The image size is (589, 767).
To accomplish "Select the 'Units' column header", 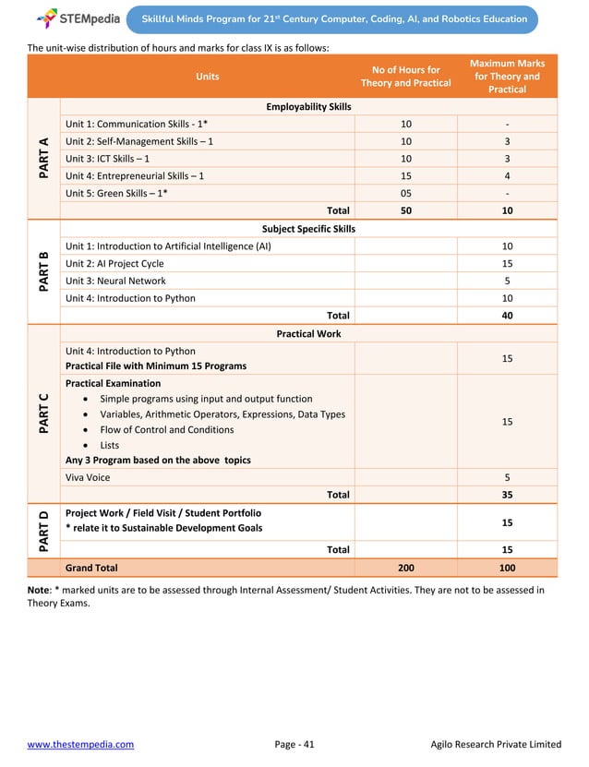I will tap(207, 77).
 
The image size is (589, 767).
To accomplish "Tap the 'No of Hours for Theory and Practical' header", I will tap(405, 77).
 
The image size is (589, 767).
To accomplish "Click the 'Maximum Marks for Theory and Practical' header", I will tap(507, 77).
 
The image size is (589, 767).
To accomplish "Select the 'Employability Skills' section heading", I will tap(308, 107).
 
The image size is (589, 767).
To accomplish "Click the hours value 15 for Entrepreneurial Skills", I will tap(405, 175).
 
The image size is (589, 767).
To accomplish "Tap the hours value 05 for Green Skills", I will tap(405, 193).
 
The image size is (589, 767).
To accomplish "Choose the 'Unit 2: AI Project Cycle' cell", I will tap(114, 264).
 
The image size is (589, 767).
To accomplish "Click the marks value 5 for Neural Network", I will tap(507, 281).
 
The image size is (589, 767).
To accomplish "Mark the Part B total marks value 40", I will tap(507, 316).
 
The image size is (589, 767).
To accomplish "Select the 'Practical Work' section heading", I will tap(308, 333).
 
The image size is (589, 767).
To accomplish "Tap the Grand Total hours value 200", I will tap(405, 568).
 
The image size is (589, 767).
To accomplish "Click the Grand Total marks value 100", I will tap(507, 568).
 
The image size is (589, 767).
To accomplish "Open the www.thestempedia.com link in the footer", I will tap(80, 744).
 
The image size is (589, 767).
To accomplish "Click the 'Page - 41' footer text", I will tap(294, 744).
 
